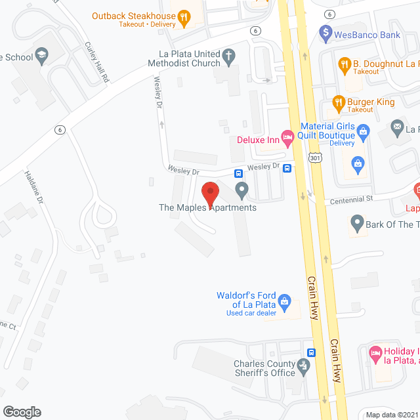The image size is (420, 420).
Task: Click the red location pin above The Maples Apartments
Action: pos(209,194)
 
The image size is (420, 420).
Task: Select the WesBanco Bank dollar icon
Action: pos(324,31)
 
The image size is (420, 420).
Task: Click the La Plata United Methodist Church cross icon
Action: pos(228,55)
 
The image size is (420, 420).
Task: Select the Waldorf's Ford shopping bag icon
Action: pos(285,301)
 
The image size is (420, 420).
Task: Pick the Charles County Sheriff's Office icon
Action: pos(303,365)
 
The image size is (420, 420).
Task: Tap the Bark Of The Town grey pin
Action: pos(357,224)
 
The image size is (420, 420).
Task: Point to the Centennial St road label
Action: pos(350,198)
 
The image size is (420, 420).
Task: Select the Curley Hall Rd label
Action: pos(96,63)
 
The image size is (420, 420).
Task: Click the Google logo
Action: pos(21,411)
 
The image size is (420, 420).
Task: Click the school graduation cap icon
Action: pos(42,53)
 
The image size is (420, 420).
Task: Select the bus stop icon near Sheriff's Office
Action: pos(311,352)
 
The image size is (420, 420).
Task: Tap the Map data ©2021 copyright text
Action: pos(392,414)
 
